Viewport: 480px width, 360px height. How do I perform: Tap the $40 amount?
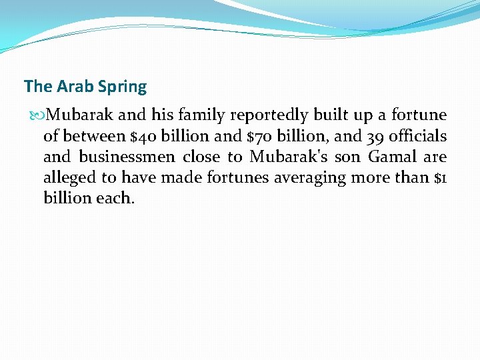coord(143,137)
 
